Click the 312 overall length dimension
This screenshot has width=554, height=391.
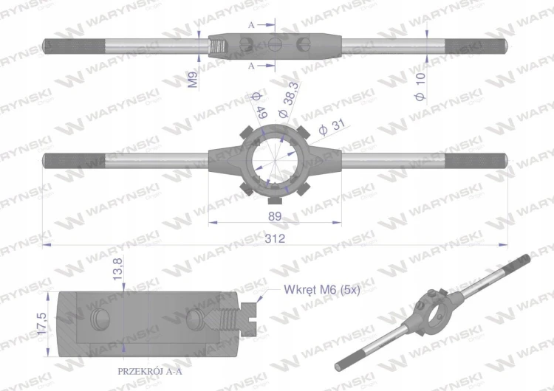point(275,238)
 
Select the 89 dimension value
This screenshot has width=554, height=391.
point(275,216)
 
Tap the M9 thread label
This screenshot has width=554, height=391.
point(193,80)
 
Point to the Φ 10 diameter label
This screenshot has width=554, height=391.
point(420,87)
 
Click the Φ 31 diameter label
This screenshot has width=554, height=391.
point(332,127)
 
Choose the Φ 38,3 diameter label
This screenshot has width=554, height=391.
point(288,100)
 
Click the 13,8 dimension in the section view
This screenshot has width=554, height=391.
point(117,269)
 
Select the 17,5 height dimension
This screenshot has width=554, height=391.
point(41,324)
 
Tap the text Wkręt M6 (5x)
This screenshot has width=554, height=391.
point(322,290)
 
